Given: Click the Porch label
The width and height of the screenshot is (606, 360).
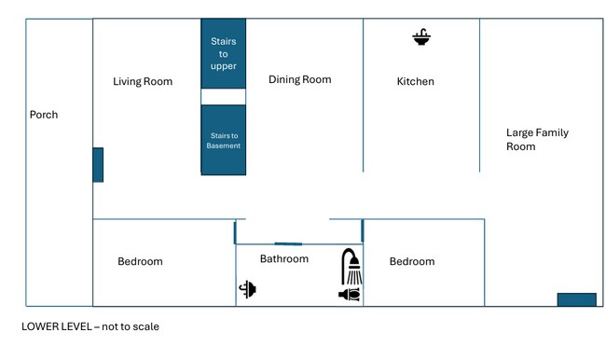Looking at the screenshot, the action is (44, 115).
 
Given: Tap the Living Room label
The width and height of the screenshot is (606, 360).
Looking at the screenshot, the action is (143, 81).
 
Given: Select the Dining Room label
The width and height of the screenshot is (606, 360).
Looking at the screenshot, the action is (300, 79).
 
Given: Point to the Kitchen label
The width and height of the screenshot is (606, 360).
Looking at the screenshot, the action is (416, 81).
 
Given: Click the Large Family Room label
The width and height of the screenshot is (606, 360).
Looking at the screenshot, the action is (537, 140).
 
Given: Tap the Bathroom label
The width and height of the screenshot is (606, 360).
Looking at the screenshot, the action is (284, 258).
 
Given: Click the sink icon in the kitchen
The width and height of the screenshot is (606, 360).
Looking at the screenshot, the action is (421, 37).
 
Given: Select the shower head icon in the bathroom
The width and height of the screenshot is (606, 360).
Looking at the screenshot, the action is (351, 267).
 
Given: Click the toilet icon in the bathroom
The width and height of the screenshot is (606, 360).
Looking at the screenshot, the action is (350, 295).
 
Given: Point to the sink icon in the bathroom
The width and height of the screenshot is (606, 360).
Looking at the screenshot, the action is (248, 289).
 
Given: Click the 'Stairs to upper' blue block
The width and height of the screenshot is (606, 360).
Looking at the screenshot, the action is (224, 53).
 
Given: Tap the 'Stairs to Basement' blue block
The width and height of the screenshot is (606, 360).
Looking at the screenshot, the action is (224, 140).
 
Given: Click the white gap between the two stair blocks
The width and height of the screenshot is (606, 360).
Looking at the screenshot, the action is (224, 97).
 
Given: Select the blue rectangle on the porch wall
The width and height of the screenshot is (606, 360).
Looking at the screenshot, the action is (98, 165).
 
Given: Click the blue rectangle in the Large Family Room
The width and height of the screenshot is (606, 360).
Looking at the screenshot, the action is (576, 299).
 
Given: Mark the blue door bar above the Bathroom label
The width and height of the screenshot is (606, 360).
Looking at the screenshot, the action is (288, 244).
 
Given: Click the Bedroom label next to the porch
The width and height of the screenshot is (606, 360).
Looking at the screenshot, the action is (140, 261).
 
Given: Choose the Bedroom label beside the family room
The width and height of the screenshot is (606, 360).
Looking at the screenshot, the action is (412, 261).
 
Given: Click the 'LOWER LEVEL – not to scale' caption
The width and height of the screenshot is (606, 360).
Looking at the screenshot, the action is (90, 326).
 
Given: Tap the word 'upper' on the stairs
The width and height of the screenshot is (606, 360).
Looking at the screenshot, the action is (224, 66).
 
